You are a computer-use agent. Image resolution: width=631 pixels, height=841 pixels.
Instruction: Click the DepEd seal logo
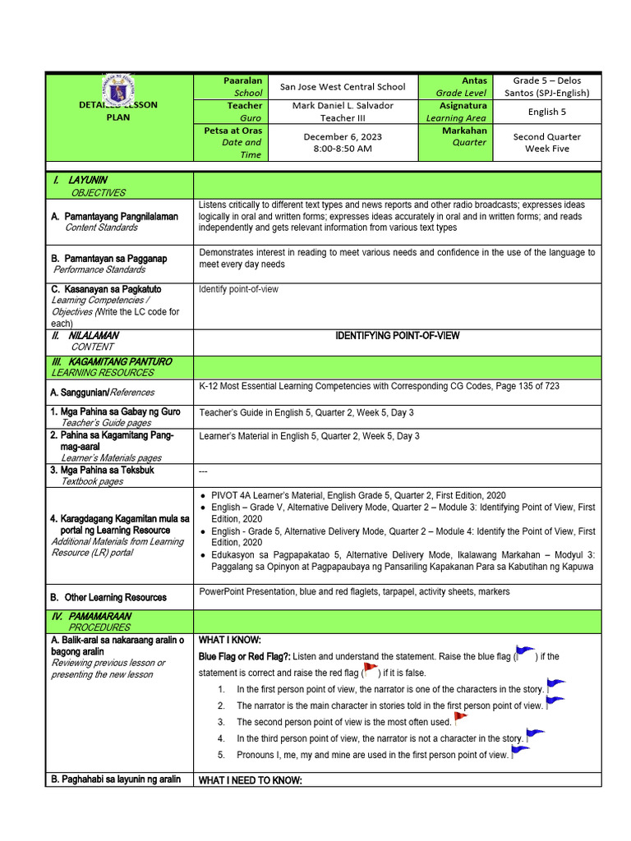point(119,91)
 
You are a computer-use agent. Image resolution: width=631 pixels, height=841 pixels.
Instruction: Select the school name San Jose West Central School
point(343,86)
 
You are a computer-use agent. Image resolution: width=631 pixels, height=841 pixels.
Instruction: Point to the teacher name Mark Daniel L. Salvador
point(343,105)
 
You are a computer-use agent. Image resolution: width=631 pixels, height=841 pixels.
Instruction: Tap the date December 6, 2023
point(343,136)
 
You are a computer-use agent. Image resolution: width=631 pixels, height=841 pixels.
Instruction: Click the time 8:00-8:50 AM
point(343,149)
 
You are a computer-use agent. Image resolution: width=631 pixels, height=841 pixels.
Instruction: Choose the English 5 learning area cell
point(547,112)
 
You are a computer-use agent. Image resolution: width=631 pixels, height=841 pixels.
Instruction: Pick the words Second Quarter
point(547,136)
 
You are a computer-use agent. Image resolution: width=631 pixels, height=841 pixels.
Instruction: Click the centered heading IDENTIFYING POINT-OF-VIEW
point(398,336)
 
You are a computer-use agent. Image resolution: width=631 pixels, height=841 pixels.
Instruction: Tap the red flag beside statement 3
point(460,718)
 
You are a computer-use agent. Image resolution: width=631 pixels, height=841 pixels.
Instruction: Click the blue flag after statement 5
point(520,751)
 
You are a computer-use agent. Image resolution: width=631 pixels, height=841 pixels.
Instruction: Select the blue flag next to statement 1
point(555,684)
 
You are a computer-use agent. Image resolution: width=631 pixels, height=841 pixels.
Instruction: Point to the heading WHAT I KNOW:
point(229,639)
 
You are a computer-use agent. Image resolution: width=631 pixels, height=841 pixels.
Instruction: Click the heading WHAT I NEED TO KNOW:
point(251,780)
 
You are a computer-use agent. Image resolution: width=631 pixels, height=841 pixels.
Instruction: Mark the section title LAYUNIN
point(89,180)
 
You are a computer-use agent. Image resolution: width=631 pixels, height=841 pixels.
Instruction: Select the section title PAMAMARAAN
point(99,616)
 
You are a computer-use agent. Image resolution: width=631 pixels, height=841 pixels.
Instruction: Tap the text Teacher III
point(343,117)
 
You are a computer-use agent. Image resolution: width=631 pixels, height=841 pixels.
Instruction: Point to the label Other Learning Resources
point(115,597)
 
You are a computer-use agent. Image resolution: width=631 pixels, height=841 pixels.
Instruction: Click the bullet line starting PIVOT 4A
point(358,496)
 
